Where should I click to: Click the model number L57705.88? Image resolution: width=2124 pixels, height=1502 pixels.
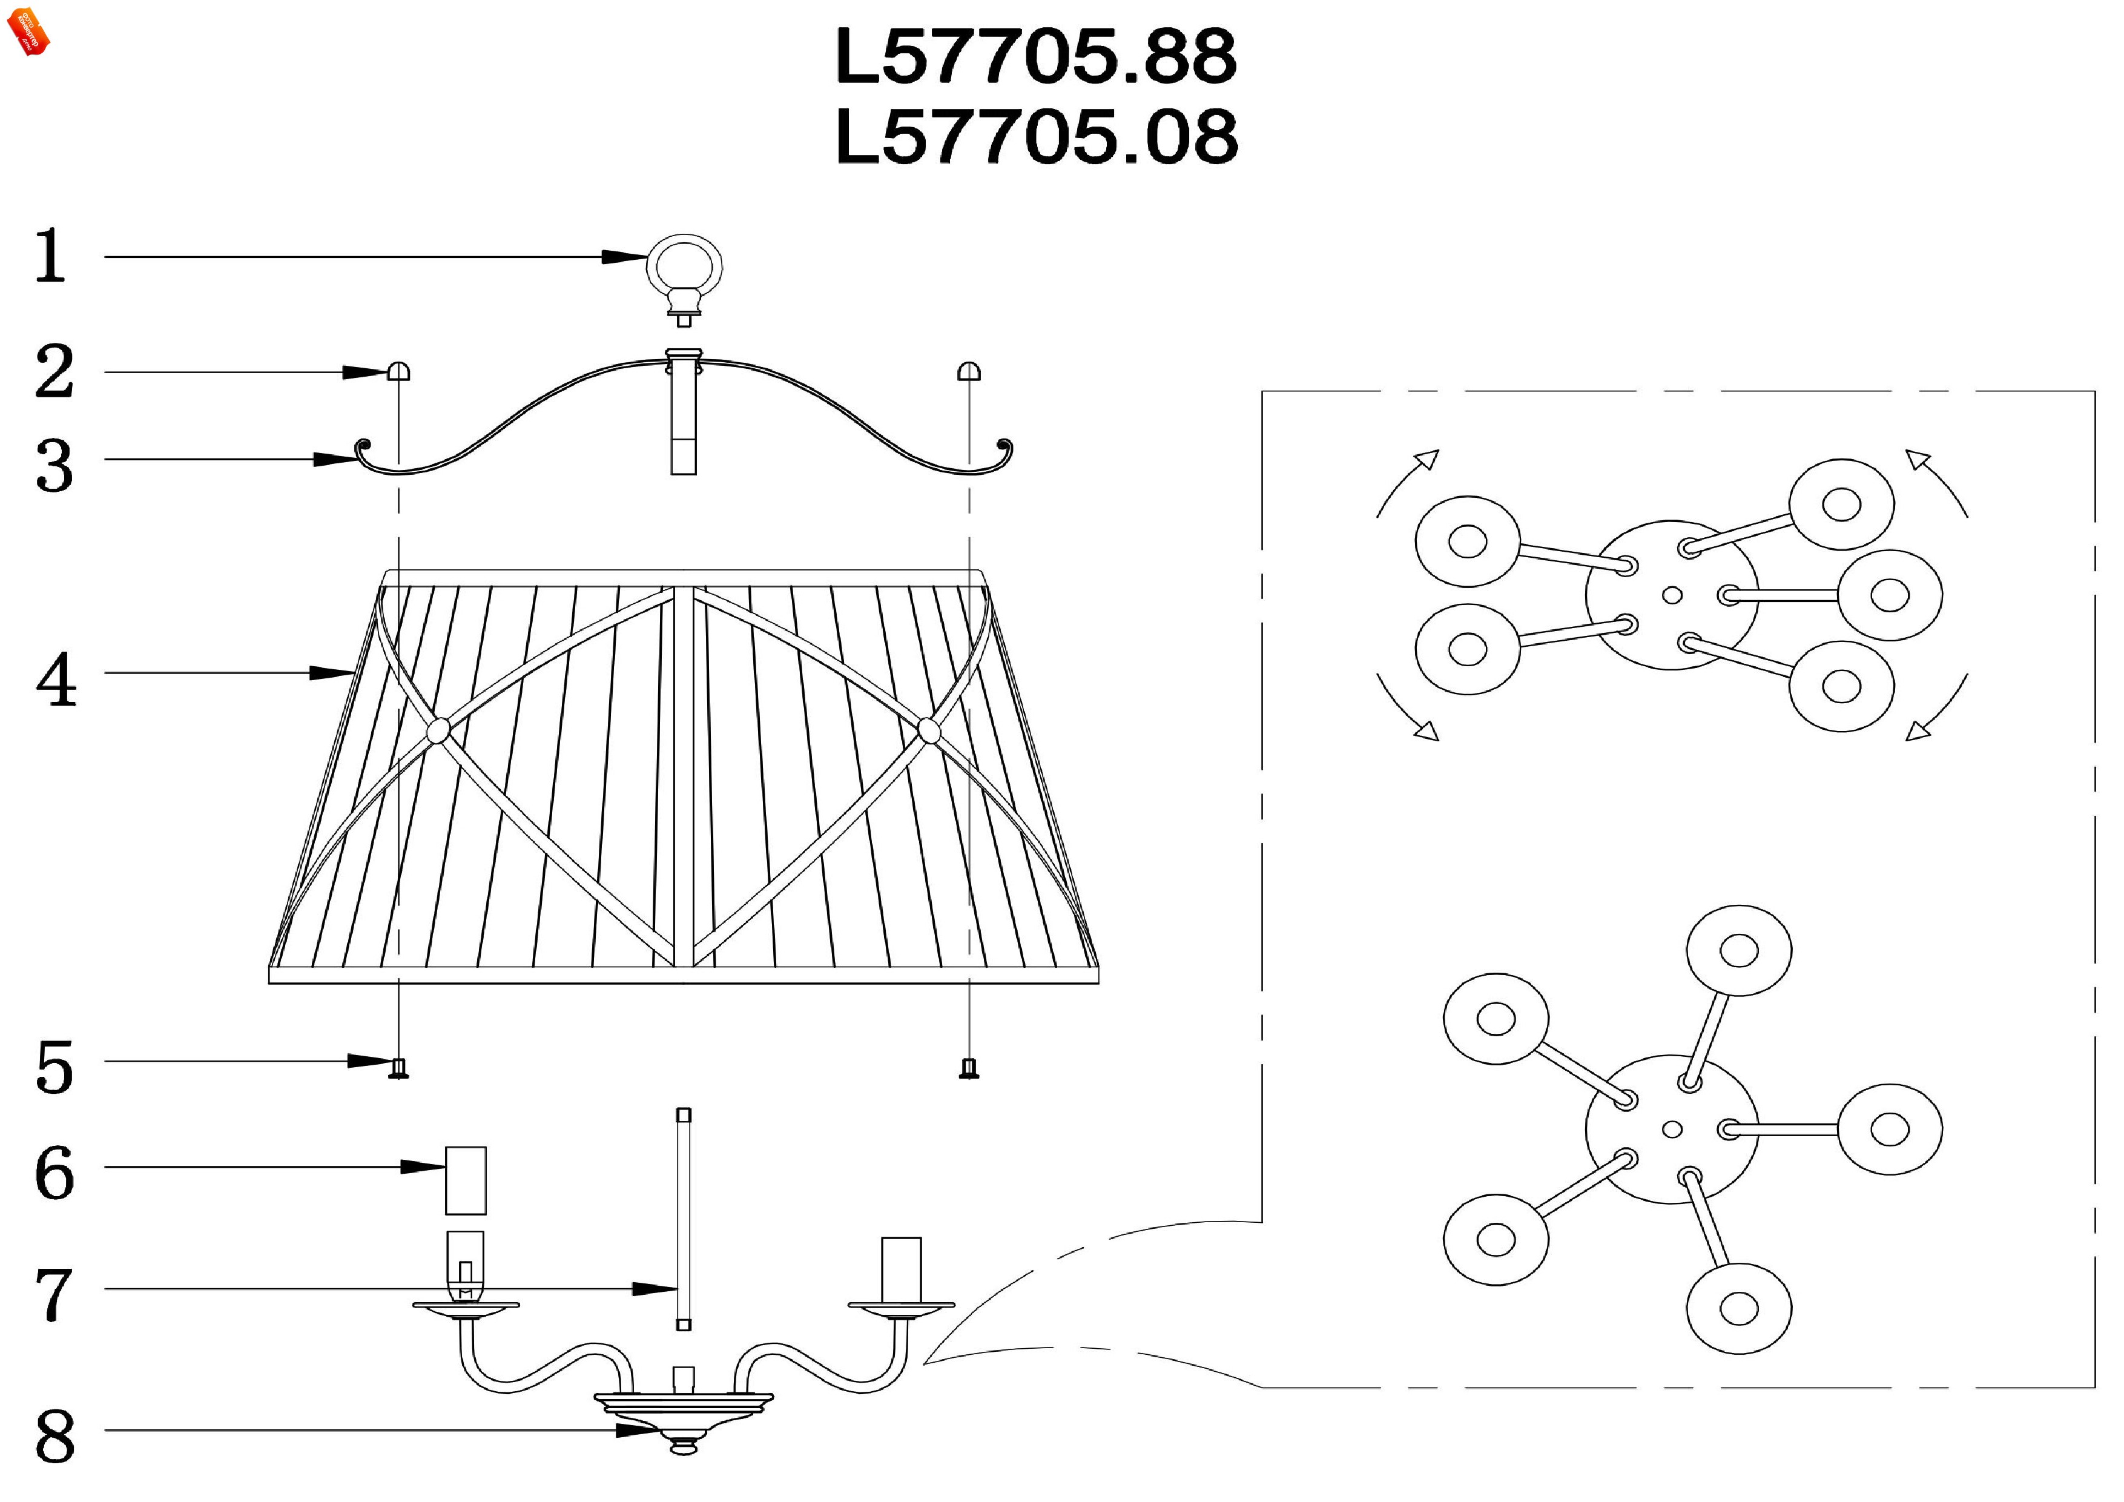click(1035, 58)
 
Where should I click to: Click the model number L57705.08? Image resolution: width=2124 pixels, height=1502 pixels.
click(1035, 137)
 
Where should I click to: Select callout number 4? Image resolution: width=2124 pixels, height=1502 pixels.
click(56, 680)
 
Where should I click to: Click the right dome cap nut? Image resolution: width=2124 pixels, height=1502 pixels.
click(969, 372)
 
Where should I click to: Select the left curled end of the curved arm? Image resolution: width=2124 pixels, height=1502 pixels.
click(363, 449)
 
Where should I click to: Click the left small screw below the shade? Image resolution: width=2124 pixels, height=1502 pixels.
click(399, 1069)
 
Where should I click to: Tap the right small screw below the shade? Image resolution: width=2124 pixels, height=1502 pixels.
click(969, 1069)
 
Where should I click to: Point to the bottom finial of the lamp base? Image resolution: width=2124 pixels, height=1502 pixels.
click(683, 1446)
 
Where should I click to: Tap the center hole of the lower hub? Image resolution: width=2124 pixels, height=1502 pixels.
click(1672, 1129)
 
